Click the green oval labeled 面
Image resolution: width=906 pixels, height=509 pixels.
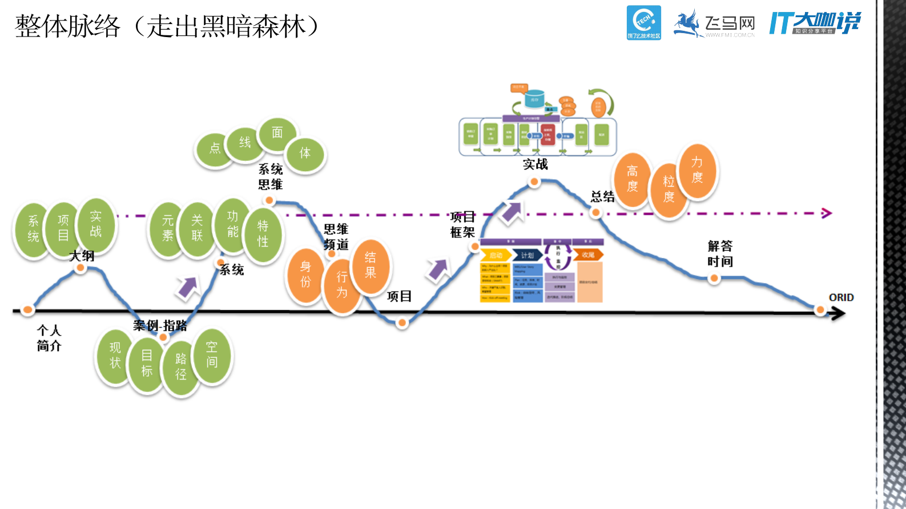(x=277, y=134)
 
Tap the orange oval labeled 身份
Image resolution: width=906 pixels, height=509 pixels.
(x=305, y=274)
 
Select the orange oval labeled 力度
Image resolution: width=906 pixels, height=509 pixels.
(x=697, y=170)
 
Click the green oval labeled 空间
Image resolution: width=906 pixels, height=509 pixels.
(x=212, y=355)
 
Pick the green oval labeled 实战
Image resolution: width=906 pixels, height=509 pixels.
(x=96, y=224)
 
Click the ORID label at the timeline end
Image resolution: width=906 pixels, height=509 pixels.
(x=841, y=297)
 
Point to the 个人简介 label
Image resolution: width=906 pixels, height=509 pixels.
(x=49, y=338)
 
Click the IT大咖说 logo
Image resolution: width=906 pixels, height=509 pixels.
(x=815, y=23)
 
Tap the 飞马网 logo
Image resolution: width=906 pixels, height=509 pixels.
(x=714, y=24)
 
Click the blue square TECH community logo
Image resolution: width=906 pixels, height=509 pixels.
(x=644, y=23)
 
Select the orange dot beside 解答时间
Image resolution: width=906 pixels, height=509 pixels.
(x=714, y=278)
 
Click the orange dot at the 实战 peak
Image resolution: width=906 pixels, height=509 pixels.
(x=534, y=182)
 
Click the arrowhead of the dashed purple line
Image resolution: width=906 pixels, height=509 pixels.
(x=826, y=213)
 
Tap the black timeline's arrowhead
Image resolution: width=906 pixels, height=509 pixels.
(x=838, y=313)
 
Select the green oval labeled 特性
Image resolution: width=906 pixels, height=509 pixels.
(x=263, y=234)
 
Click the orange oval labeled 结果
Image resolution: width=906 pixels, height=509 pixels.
(x=371, y=265)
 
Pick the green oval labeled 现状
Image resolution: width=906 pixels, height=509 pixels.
(x=115, y=356)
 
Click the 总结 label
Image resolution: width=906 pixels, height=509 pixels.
(x=602, y=197)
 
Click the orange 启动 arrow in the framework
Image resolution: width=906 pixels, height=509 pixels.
(x=495, y=255)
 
